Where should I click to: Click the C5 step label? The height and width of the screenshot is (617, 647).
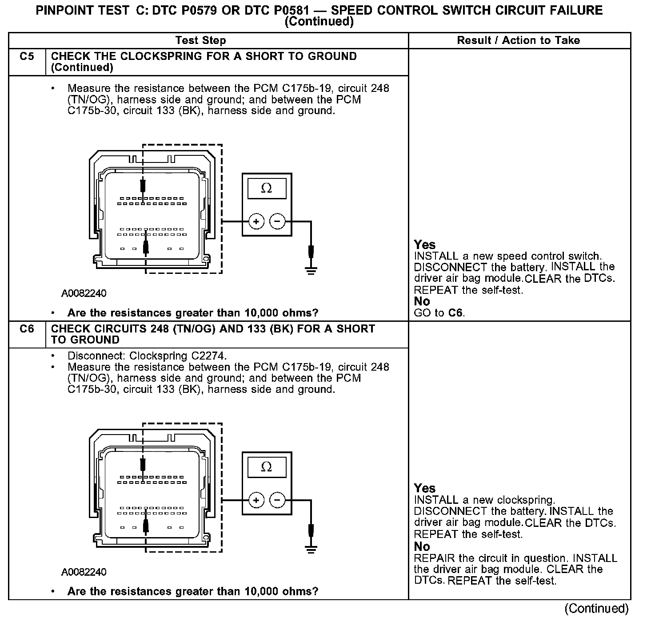(27, 56)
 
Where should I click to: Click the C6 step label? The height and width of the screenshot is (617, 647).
(27, 329)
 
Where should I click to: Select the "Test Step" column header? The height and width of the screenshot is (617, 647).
(200, 40)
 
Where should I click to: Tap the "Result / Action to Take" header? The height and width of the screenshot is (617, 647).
(519, 40)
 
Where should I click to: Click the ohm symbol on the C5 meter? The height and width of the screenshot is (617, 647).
(267, 189)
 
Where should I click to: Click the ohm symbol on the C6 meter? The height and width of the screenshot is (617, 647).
(267, 467)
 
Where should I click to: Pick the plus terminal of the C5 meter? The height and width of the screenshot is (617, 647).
(256, 221)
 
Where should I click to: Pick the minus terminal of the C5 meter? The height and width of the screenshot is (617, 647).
(277, 221)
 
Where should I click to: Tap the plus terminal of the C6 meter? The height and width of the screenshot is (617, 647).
(256, 500)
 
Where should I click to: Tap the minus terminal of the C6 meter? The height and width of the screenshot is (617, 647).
(277, 500)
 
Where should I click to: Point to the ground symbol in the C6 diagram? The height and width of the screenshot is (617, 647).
(311, 549)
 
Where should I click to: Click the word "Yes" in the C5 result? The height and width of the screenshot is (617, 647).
(425, 245)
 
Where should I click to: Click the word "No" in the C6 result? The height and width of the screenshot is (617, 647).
(422, 546)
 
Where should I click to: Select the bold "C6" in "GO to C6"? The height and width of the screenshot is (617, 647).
(455, 313)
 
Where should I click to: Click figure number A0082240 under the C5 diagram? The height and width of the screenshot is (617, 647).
(84, 293)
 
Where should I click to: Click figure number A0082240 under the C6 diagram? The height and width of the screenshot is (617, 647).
(84, 572)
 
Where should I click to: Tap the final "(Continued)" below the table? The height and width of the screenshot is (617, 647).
(597, 608)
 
